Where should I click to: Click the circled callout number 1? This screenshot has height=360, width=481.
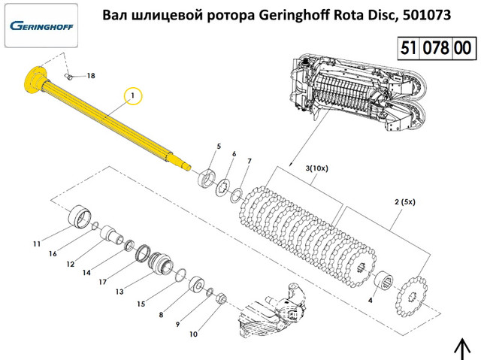[x=132, y=96]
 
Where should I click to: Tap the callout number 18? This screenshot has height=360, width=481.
[x=91, y=76]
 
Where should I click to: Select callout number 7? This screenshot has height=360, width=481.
[x=250, y=161]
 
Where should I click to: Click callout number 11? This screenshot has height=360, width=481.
[x=36, y=244]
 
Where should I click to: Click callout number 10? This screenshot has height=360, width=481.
[x=193, y=334]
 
